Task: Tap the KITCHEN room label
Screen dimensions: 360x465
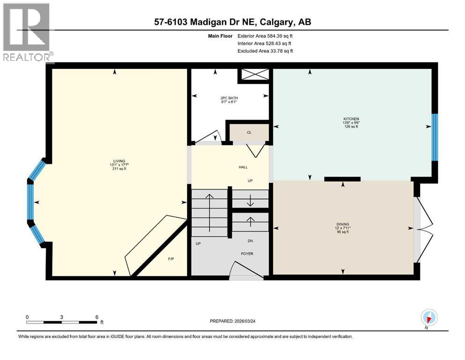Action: (x=351, y=119)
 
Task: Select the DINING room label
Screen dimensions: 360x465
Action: (x=342, y=224)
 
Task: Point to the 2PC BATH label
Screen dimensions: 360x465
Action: (x=229, y=98)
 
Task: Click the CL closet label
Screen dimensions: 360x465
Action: (x=249, y=133)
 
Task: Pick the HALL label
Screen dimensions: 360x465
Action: (x=243, y=167)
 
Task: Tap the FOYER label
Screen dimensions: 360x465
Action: (x=247, y=254)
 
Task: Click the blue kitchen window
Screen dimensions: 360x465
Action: (x=435, y=137)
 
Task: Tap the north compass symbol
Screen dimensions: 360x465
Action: (x=428, y=318)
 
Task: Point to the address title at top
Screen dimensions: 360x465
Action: (x=232, y=22)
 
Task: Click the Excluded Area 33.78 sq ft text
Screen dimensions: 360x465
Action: (x=265, y=51)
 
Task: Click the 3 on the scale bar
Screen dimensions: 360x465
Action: (x=62, y=316)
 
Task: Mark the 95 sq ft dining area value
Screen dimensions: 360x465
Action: (x=342, y=232)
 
